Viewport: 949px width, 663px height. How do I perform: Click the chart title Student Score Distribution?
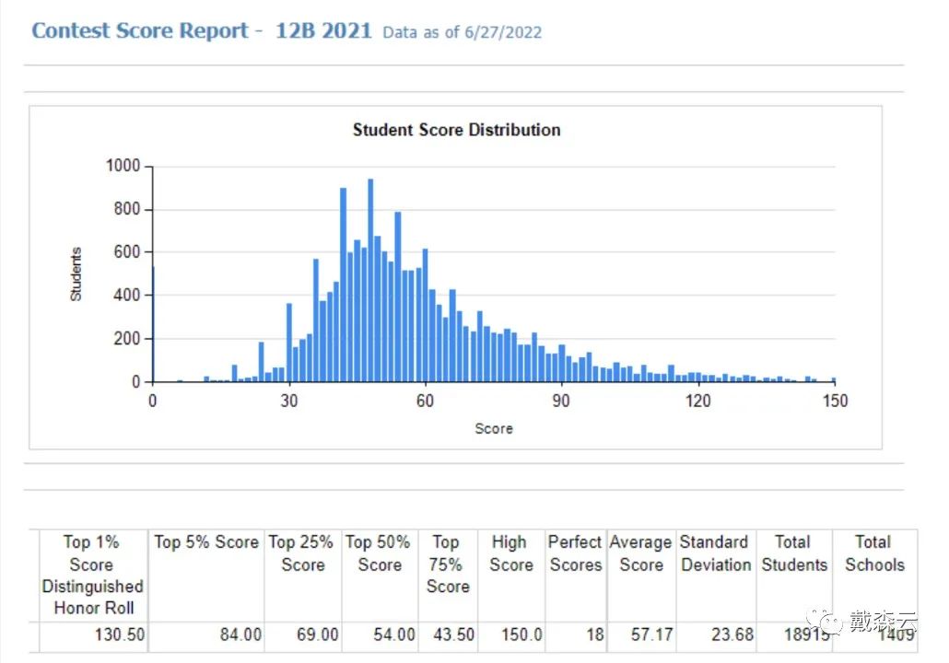pos(456,130)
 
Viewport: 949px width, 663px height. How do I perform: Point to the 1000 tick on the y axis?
pos(123,166)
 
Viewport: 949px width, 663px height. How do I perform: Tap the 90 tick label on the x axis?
pos(561,401)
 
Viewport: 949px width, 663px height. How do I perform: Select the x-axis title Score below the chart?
pos(494,428)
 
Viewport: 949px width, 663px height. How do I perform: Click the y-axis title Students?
pos(76,273)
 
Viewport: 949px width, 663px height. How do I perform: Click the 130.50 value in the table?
pos(120,635)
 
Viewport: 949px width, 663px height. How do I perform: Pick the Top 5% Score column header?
pos(206,542)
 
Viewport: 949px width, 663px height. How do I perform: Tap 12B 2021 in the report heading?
pos(323,30)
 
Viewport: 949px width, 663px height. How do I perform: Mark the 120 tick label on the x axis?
pos(698,401)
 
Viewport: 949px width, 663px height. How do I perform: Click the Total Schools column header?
pos(874,553)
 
